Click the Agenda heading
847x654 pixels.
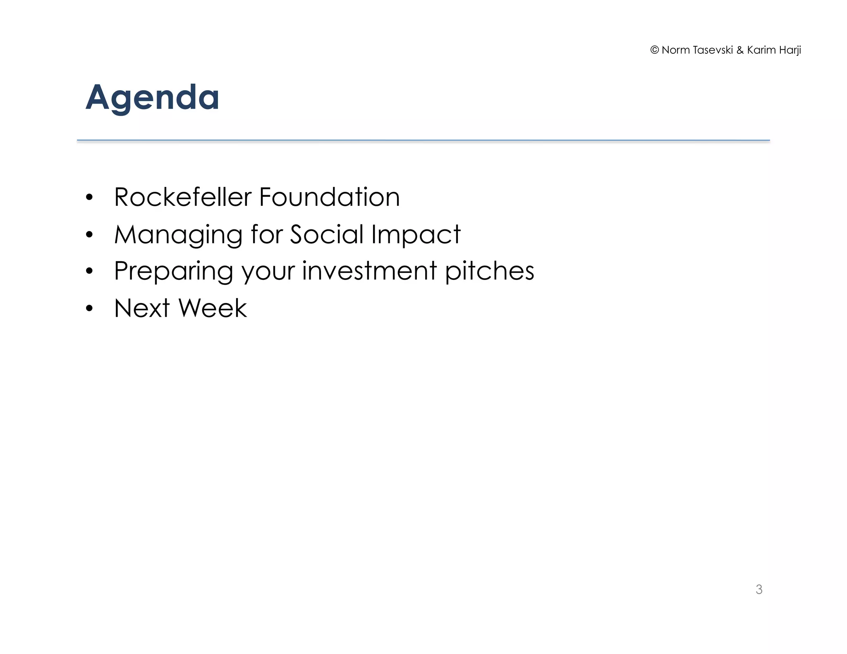pyautogui.click(x=152, y=98)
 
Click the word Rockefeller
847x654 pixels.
pyautogui.click(x=182, y=197)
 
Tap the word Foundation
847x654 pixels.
pyautogui.click(x=329, y=197)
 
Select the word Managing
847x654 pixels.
pyautogui.click(x=178, y=235)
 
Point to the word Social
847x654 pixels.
pyautogui.click(x=326, y=234)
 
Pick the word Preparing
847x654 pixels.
pyautogui.click(x=173, y=272)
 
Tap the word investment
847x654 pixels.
pyautogui.click(x=369, y=271)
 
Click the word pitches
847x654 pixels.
pyautogui.click(x=489, y=272)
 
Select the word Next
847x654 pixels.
pyautogui.click(x=142, y=308)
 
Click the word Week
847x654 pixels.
pyautogui.click(x=212, y=308)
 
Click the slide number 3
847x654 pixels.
pyautogui.click(x=758, y=589)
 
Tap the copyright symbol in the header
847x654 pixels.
pyautogui.click(x=654, y=50)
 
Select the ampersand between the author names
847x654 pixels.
pyautogui.click(x=740, y=50)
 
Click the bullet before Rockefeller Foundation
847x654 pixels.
pyautogui.click(x=89, y=198)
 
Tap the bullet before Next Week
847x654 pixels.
pyautogui.click(x=89, y=309)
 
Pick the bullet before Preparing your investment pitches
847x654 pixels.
pyautogui.click(x=89, y=272)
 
